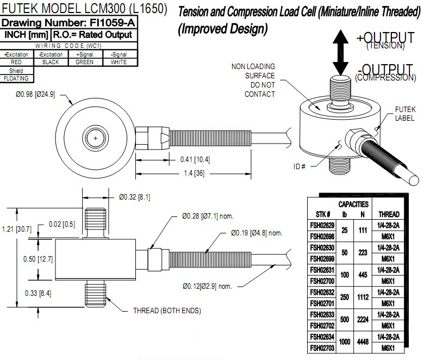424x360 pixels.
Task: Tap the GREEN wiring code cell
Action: coord(84,62)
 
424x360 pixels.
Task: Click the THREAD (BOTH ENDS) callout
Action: coord(167,311)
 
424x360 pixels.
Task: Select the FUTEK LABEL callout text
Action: coord(405,113)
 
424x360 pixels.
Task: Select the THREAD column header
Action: coord(389,214)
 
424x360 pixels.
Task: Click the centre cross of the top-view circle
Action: coord(96,138)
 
